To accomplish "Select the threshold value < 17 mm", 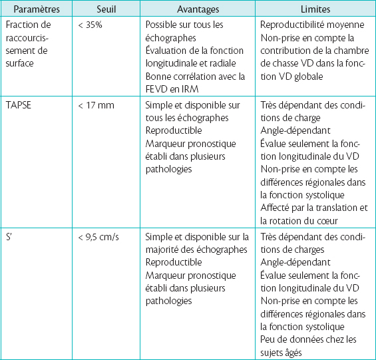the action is pyautogui.click(x=95, y=105).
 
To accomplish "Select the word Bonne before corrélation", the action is pyautogui.click(x=158, y=76).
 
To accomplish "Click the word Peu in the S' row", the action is pyautogui.click(x=269, y=339).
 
